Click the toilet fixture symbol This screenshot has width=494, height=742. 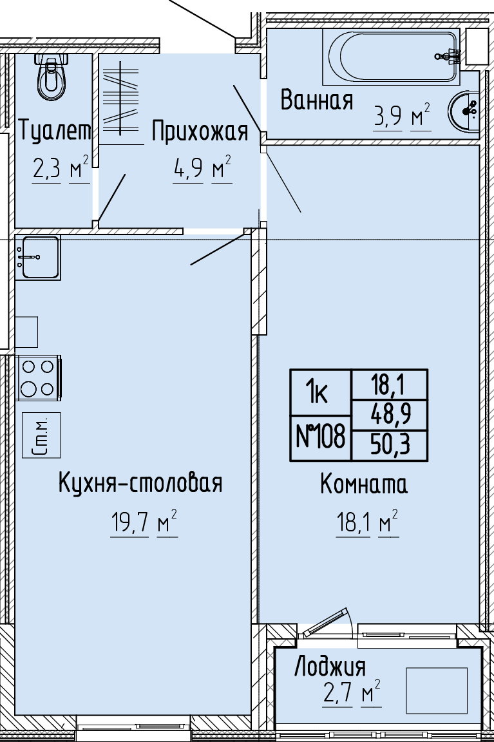point(51,77)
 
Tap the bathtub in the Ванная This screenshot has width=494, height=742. point(392,56)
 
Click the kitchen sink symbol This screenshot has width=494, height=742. point(37,258)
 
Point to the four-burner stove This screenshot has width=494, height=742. point(39,378)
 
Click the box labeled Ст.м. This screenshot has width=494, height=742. point(41,435)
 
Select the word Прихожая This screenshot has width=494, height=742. point(200,131)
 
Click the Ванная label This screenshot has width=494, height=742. point(316,100)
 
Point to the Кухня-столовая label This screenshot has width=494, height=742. point(140,482)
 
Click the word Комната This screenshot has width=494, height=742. point(364,484)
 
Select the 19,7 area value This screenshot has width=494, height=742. point(129,523)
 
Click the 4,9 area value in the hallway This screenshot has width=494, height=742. point(188,168)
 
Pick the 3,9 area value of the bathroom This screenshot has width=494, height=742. point(388,116)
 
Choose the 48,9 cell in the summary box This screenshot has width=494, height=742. point(390,415)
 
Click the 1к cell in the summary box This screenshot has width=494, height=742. point(316,393)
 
